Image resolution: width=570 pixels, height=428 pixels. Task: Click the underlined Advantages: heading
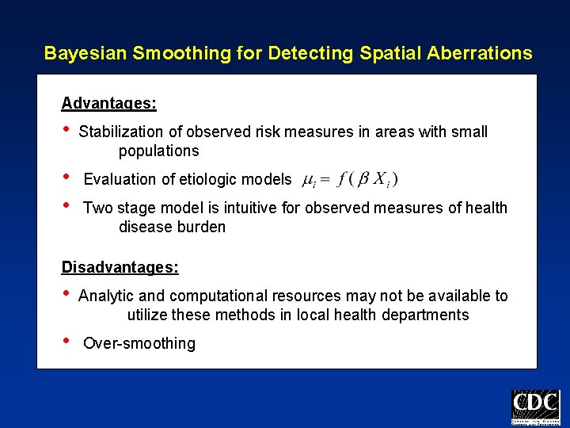pyautogui.click(x=108, y=104)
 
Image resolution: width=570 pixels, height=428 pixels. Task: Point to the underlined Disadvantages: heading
pyautogui.click(x=120, y=267)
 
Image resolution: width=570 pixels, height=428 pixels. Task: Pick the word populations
pyautogui.click(x=158, y=151)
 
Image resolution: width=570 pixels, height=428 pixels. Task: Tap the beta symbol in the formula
pyautogui.click(x=363, y=179)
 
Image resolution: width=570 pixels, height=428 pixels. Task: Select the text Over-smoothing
pyautogui.click(x=139, y=344)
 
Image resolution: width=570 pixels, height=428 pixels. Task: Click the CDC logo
pyautogui.click(x=535, y=407)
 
